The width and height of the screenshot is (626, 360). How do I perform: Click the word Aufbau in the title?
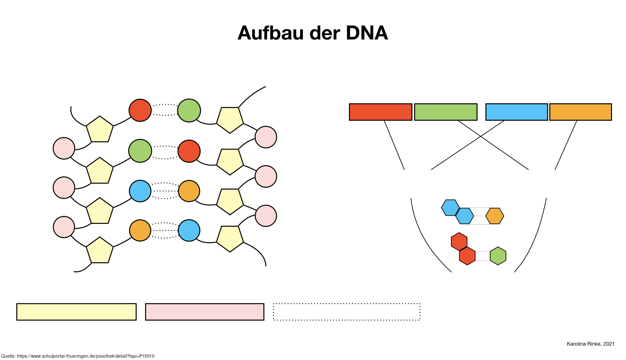coord(271,33)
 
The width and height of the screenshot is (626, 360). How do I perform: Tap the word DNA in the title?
coord(367,33)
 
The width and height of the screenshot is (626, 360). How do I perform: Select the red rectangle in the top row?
coord(380,112)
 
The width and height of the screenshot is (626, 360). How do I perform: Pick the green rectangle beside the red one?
coord(446,112)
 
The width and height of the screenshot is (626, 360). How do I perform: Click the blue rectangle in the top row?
coord(516,112)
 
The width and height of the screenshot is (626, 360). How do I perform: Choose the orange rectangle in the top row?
coord(580,112)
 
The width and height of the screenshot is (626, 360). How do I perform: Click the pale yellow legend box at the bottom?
coord(76,312)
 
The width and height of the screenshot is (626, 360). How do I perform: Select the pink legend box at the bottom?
coord(204,312)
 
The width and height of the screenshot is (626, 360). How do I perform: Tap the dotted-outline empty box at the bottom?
coord(347,312)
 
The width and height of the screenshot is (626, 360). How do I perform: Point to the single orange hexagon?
coord(495,216)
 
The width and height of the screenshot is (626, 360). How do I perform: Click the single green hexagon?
coord(498,256)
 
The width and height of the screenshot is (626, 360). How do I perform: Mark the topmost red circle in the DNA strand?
coord(140,110)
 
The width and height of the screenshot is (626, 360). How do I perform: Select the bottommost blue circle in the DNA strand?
coord(189,230)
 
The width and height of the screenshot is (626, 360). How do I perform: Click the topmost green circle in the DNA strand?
coord(189,110)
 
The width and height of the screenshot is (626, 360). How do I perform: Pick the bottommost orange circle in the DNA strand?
coord(140,230)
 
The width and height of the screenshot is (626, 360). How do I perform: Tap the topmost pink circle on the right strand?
coord(266,137)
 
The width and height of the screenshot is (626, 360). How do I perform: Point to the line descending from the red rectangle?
coord(394,145)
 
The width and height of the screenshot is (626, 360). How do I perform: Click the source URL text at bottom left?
coord(78,356)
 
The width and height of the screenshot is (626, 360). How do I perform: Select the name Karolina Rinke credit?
coord(591,344)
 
